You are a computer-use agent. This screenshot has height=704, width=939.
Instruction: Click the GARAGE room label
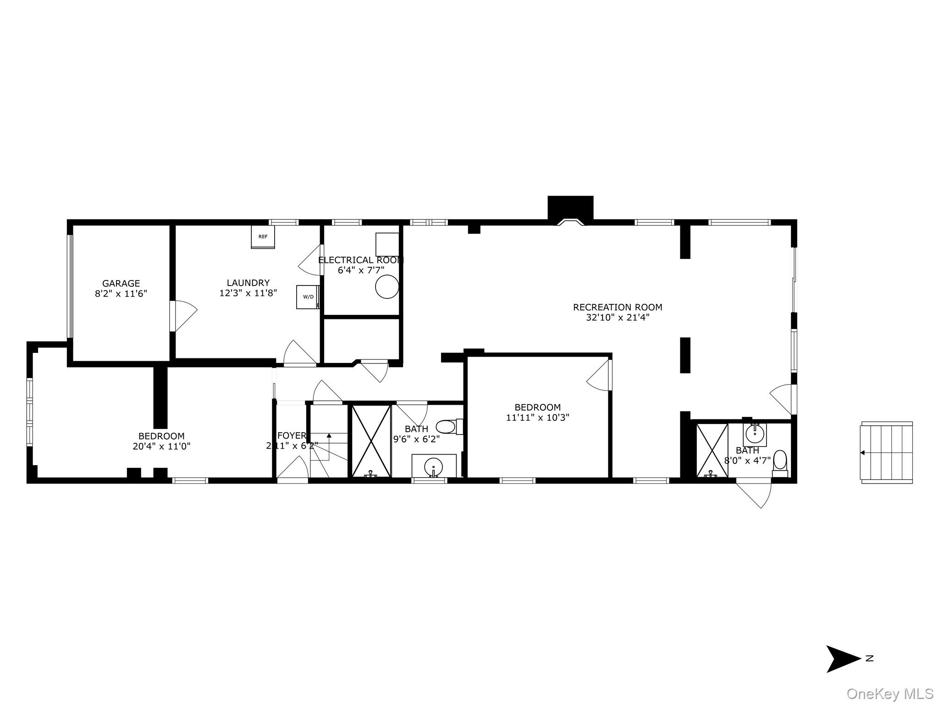point(121,283)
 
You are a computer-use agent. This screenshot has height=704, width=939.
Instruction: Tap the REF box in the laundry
point(263,236)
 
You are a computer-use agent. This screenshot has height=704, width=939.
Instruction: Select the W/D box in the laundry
point(308,297)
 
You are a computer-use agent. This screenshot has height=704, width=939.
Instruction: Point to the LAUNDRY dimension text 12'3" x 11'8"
point(248,293)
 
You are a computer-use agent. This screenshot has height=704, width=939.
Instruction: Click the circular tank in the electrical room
point(387,287)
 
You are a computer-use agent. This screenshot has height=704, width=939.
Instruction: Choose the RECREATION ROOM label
point(618,307)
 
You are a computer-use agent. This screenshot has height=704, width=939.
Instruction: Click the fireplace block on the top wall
point(570,209)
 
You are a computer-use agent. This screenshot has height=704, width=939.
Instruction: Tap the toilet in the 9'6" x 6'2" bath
point(446,427)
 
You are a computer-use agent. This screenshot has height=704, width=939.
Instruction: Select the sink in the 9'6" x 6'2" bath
point(433,467)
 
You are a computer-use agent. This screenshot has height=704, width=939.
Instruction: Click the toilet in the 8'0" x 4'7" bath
point(780,460)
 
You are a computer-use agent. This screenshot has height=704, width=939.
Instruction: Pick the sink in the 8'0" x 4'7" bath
point(755,433)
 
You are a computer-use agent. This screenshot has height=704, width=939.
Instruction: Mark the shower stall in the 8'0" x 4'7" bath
point(712,450)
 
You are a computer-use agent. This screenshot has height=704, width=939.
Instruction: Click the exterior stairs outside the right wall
point(887,452)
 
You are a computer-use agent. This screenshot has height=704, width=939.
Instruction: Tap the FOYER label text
point(291,435)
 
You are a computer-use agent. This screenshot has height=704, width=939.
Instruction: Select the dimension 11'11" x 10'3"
point(538,418)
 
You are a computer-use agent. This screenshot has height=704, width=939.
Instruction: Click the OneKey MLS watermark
point(889,694)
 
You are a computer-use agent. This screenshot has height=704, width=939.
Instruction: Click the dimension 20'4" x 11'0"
point(161,446)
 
